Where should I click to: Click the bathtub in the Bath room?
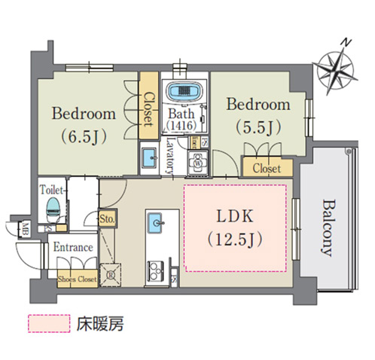tap(185, 91)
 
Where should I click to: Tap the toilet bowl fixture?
tap(53, 207)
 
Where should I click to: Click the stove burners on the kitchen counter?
tap(156, 271)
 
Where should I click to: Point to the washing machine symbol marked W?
tap(198, 163)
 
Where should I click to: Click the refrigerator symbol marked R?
tap(111, 275)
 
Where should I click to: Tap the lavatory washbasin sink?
tap(149, 157)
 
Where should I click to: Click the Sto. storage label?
tap(107, 218)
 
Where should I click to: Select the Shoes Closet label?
tap(78, 279)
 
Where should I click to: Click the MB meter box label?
tap(25, 229)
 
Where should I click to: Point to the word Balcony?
tap(328, 228)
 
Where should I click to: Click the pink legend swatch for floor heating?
tap(49, 324)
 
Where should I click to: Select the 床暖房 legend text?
tap(100, 324)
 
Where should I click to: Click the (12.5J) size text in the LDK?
tap(235, 239)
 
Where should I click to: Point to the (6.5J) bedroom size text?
tap(84, 136)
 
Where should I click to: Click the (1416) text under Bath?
tap(181, 125)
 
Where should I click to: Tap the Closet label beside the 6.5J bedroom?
tap(148, 109)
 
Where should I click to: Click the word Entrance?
tap(73, 248)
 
